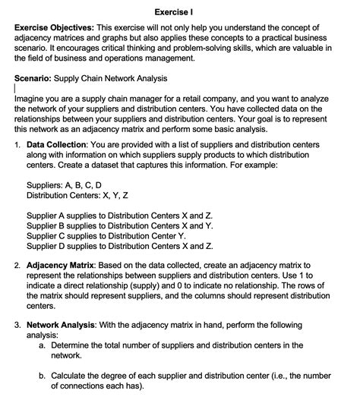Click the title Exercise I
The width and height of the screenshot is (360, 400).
click(x=179, y=12)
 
